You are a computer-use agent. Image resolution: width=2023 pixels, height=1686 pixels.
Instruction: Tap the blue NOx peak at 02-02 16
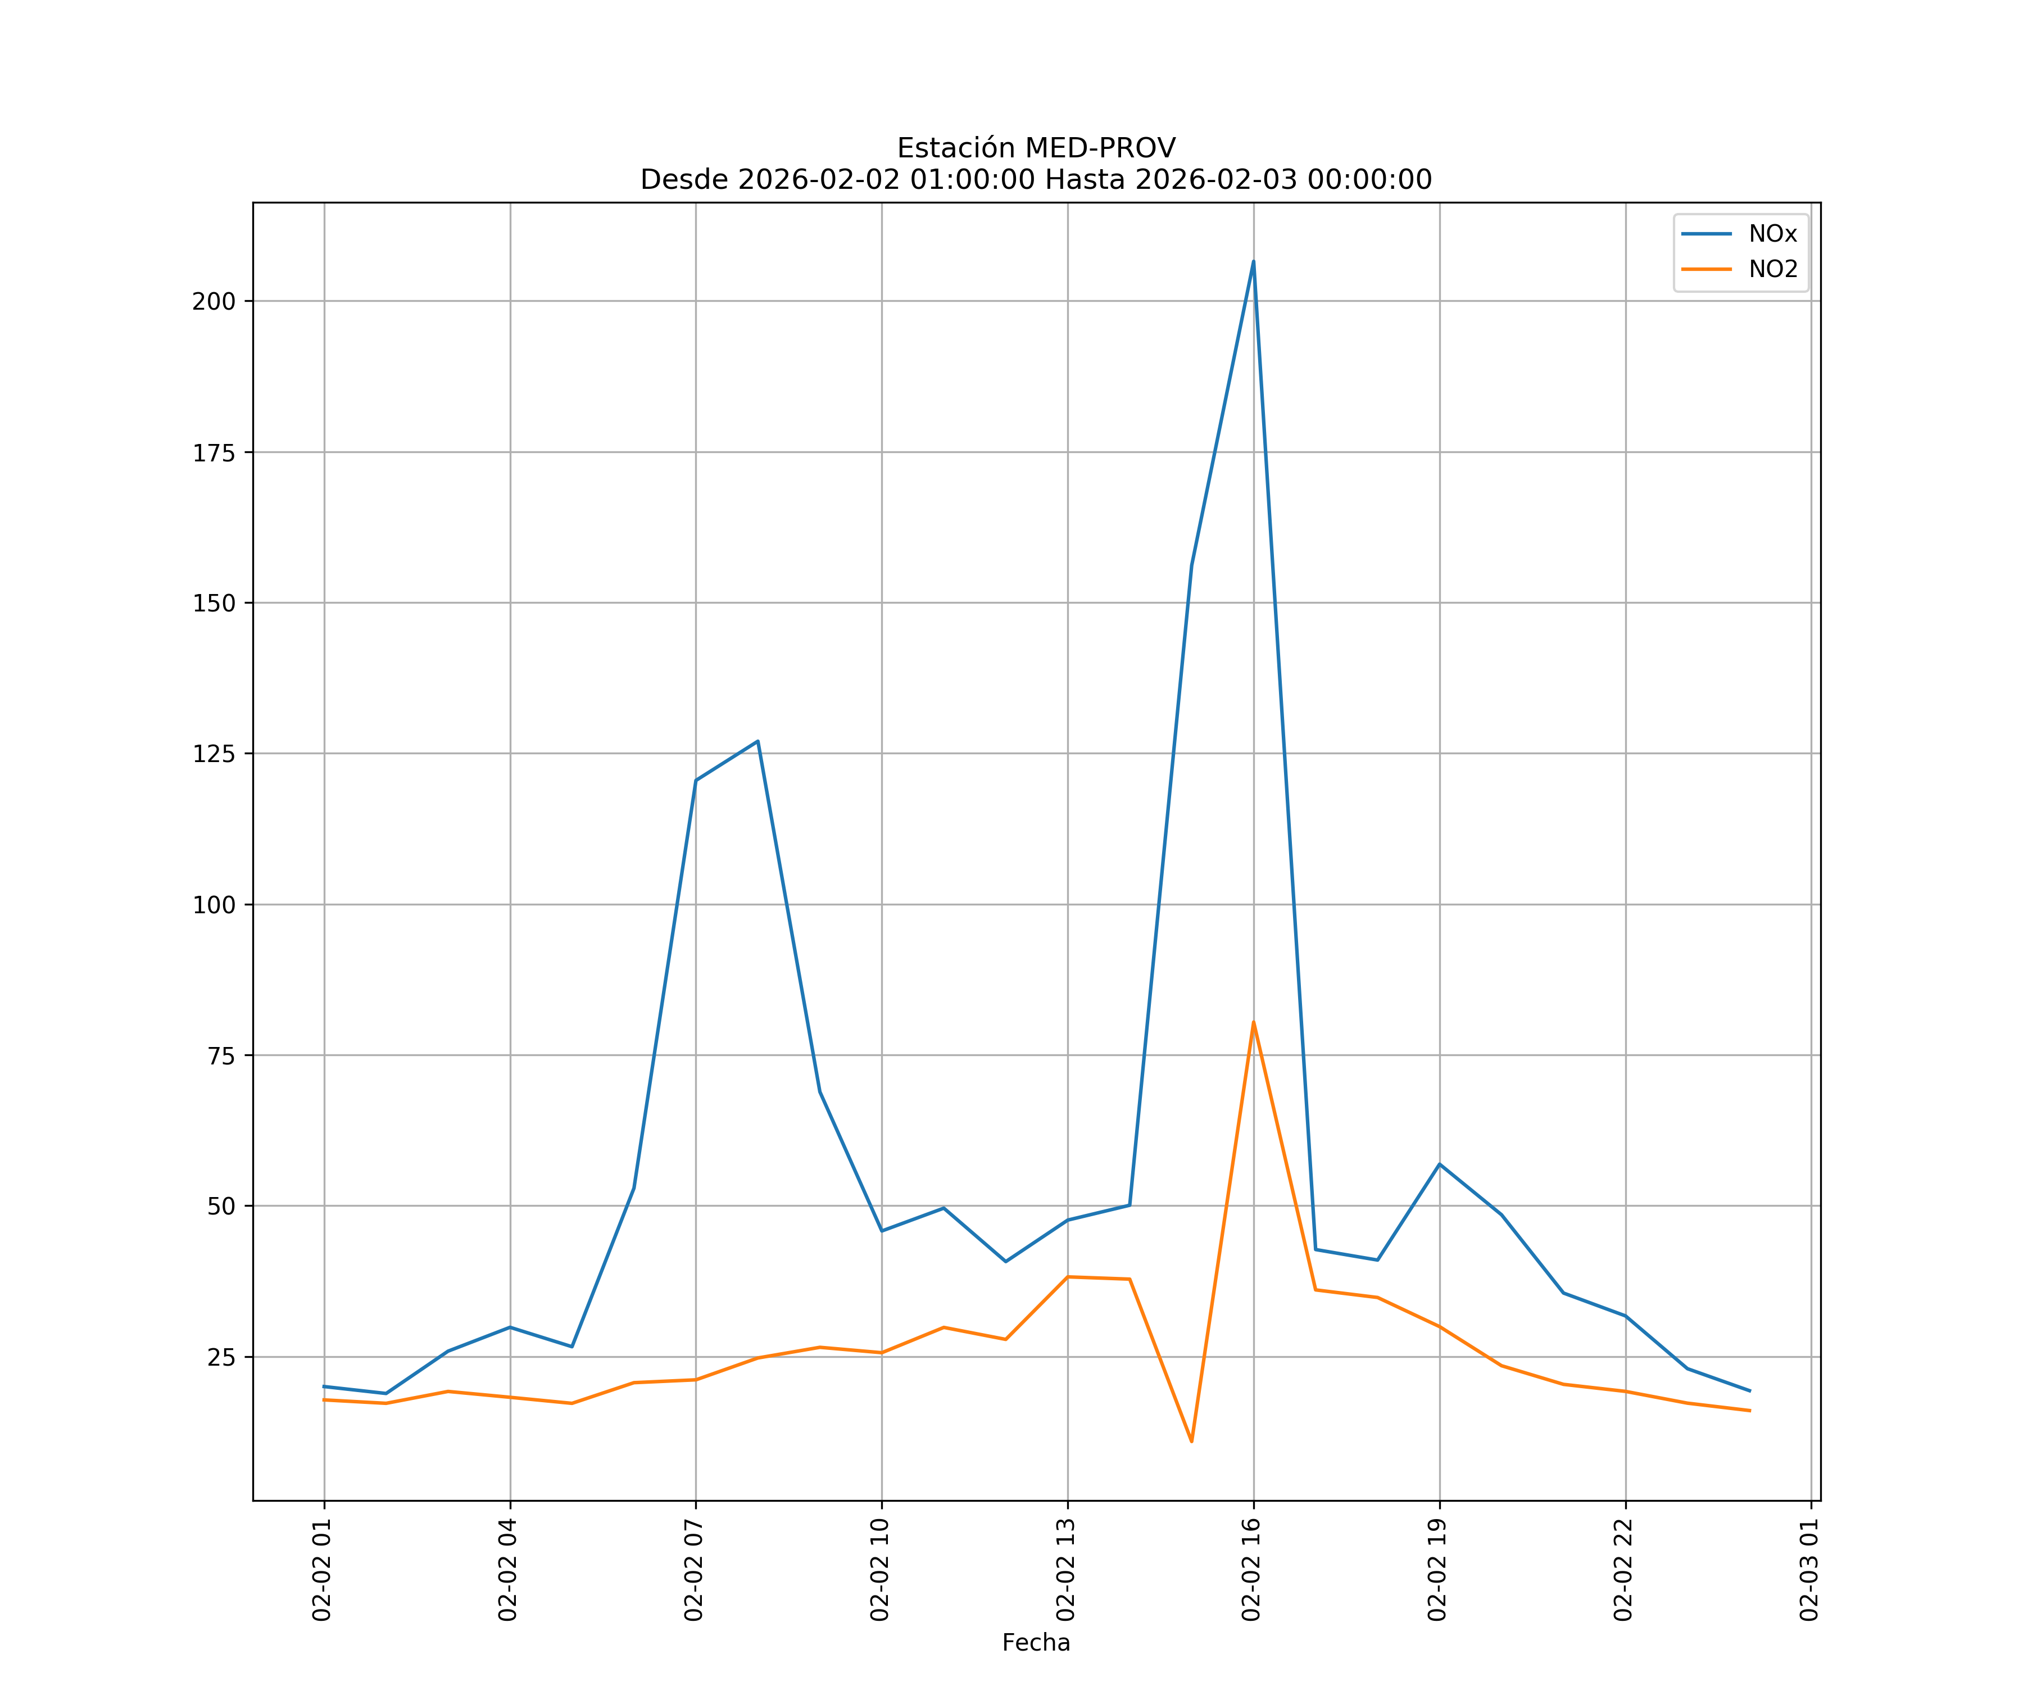tap(1253, 261)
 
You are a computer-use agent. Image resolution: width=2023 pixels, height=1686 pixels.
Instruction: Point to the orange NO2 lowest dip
tap(1192, 1442)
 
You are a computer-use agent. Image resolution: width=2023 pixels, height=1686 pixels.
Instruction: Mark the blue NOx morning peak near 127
tap(758, 741)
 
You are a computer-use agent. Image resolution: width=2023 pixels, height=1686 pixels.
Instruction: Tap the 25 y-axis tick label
tap(221, 1357)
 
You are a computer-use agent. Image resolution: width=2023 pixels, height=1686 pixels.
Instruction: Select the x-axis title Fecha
tap(1036, 1643)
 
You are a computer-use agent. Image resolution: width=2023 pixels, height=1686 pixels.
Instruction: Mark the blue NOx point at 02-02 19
tap(1439, 1164)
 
